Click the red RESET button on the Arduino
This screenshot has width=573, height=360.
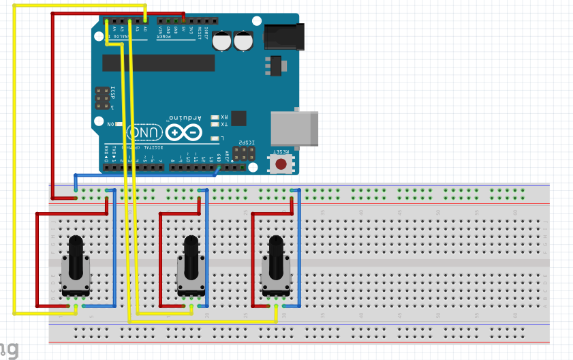281,164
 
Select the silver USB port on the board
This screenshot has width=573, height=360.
294,128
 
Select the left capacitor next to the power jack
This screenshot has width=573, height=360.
222,41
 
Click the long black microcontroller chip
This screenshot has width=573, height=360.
158,63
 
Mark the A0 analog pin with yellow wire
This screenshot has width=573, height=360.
145,21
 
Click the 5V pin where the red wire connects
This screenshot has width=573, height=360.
183,21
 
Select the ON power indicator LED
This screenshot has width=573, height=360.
119,125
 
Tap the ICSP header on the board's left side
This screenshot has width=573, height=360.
102,98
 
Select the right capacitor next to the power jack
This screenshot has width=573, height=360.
244,41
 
